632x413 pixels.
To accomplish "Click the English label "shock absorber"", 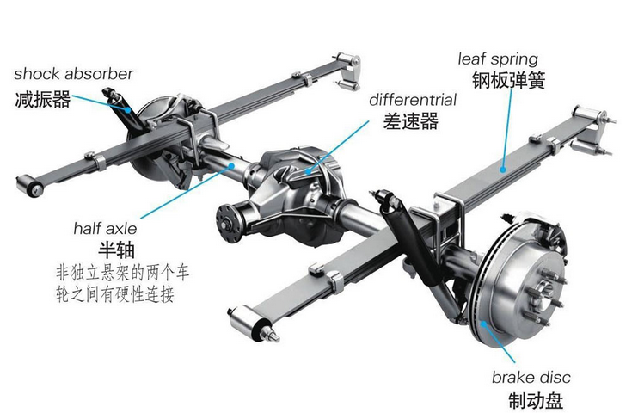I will coord(74,73).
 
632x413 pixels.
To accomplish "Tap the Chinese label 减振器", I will coord(42,98).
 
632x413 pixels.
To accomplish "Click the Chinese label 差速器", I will coord(411,121).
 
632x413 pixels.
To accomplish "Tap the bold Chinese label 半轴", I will coord(112,252).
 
